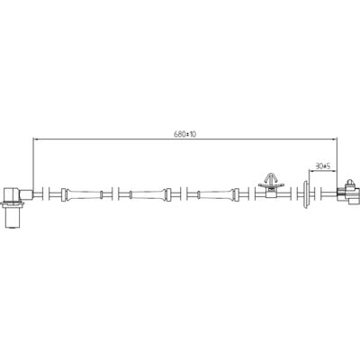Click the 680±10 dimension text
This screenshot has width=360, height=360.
[x=184, y=134]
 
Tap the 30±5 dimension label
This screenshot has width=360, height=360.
[x=322, y=166]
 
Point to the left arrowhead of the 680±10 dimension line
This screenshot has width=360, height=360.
[x=35, y=139]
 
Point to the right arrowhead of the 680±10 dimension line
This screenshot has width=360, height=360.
[x=334, y=139]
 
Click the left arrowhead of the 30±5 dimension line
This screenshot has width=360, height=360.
[x=311, y=171]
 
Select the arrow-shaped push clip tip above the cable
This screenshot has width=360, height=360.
[x=271, y=177]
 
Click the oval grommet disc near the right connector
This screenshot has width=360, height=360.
[x=306, y=194]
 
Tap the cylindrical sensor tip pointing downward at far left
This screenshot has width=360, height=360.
[x=13, y=218]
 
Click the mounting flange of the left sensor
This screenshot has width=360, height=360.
[x=13, y=204]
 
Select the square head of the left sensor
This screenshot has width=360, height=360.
[x=12, y=195]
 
